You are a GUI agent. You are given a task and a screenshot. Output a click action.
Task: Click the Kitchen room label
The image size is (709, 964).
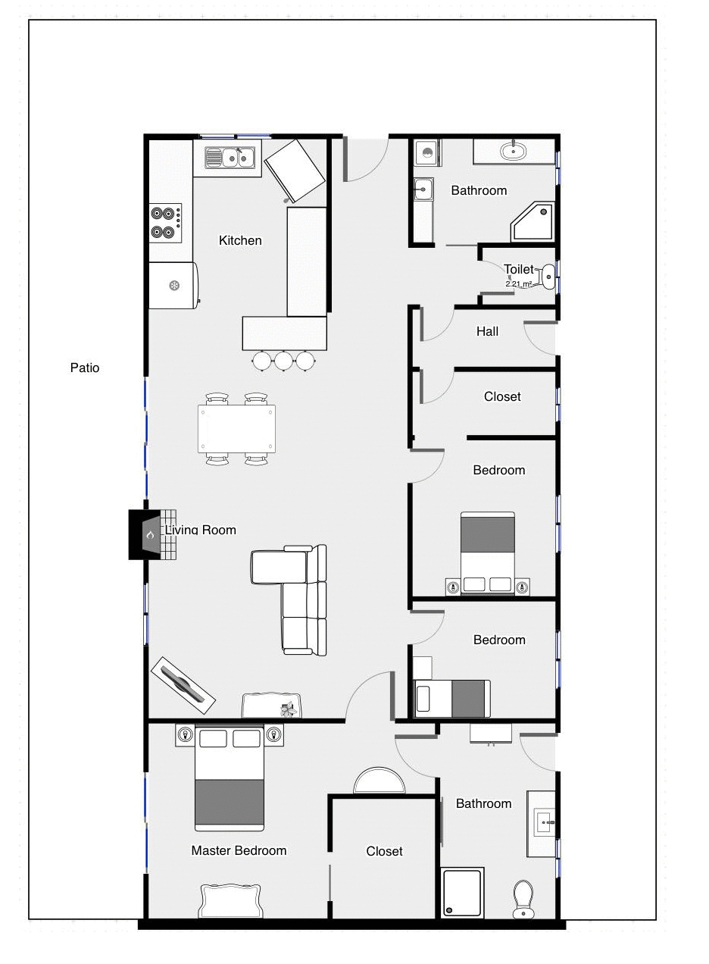point(240,240)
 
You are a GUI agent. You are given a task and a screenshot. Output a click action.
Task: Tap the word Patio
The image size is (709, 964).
point(85,368)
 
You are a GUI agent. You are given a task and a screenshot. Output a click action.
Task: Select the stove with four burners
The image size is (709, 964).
point(166,223)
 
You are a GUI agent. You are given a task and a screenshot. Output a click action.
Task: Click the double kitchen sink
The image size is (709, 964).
point(230,158)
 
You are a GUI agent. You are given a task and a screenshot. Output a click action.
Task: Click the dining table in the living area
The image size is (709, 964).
point(236,429)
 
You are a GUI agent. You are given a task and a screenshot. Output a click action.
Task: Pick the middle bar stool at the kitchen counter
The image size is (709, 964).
point(283,361)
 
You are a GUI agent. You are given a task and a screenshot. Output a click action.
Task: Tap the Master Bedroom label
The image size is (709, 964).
point(239,850)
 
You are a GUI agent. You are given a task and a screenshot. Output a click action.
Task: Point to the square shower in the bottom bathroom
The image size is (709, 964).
point(462,893)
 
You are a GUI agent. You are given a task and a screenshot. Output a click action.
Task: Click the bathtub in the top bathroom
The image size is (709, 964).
point(514,151)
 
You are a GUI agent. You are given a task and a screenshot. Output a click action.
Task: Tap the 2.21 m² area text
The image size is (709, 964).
point(519,283)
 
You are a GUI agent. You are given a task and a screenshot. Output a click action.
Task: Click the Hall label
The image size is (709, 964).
point(487,331)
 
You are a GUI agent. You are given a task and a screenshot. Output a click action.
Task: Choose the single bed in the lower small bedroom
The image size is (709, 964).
point(451,698)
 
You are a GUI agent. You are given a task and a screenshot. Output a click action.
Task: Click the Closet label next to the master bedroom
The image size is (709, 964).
point(384,851)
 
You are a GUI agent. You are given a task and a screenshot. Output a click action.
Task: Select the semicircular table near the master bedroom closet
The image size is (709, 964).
point(379,781)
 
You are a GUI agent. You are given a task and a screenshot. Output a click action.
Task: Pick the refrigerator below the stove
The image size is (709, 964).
point(173,285)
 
